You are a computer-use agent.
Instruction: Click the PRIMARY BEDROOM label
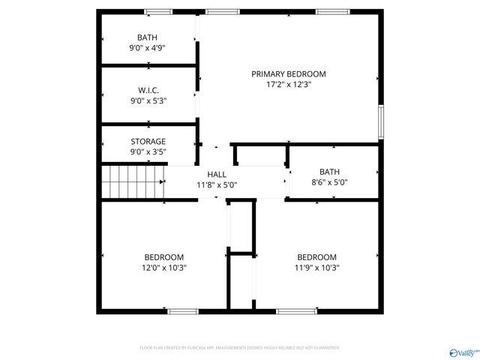point(288,73)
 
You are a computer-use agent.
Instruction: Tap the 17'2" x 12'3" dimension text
point(288,85)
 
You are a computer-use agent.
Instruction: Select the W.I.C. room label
point(148,90)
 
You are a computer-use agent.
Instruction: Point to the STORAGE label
point(148,141)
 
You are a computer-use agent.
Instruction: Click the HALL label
point(217,174)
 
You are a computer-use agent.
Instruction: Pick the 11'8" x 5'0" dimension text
point(217,184)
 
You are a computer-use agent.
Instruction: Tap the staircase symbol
point(133,181)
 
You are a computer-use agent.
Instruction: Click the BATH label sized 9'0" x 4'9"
point(147,37)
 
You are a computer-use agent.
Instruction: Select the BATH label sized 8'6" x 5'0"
point(329,171)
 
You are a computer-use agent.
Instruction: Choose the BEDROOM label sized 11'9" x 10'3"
point(316,256)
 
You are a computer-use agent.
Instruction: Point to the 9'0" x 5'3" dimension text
point(148,100)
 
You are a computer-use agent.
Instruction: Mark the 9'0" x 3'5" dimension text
point(148,151)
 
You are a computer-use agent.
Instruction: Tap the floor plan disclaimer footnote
point(240,348)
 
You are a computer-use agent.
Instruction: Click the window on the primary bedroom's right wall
point(381,123)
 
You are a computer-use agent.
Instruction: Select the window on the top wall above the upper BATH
point(157,11)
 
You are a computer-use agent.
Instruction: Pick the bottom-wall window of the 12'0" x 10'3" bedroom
point(182,311)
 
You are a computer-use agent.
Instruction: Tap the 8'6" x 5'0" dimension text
point(329,182)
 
